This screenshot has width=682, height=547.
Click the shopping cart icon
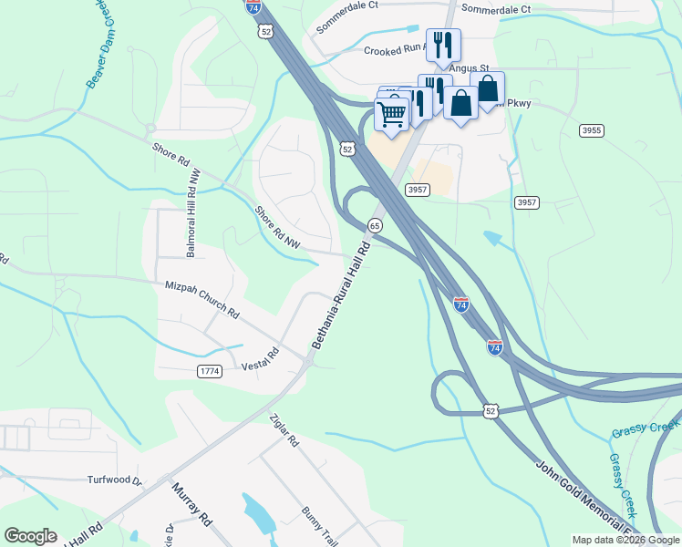[x=391, y=115]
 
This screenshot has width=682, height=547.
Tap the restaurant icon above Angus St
[x=443, y=45]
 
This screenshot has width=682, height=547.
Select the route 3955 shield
[x=591, y=131]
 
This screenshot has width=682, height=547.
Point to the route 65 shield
[x=375, y=225]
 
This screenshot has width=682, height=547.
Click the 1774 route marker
[x=209, y=371]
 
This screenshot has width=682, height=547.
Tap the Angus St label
[x=472, y=68]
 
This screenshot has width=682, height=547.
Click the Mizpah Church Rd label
[x=201, y=299]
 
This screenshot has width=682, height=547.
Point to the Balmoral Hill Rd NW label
[x=192, y=219]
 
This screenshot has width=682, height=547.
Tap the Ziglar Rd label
[x=284, y=429]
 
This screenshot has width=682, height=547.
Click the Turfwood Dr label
[x=115, y=480]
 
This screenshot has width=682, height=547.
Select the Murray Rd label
[x=191, y=504]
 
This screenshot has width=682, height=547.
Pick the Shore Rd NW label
[x=277, y=227]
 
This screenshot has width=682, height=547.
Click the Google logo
[x=30, y=536]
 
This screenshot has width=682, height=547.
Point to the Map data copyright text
[x=625, y=540]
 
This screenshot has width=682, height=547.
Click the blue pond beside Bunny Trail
[x=258, y=514]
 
